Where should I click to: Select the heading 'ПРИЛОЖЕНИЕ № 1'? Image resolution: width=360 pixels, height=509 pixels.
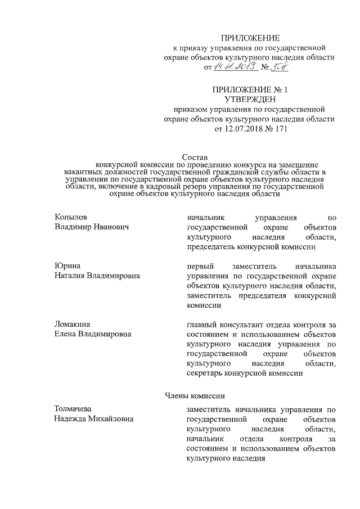coord(250,90)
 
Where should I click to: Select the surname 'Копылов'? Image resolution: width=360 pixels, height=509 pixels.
coord(71,217)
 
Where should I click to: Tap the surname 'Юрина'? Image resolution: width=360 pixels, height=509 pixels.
coord(67,266)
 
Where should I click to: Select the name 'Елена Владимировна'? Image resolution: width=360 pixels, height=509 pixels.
coord(93,334)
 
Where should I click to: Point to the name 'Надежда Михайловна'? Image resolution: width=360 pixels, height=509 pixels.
coord(94,419)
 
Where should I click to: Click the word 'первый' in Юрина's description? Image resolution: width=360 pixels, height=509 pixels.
coord(199,266)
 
